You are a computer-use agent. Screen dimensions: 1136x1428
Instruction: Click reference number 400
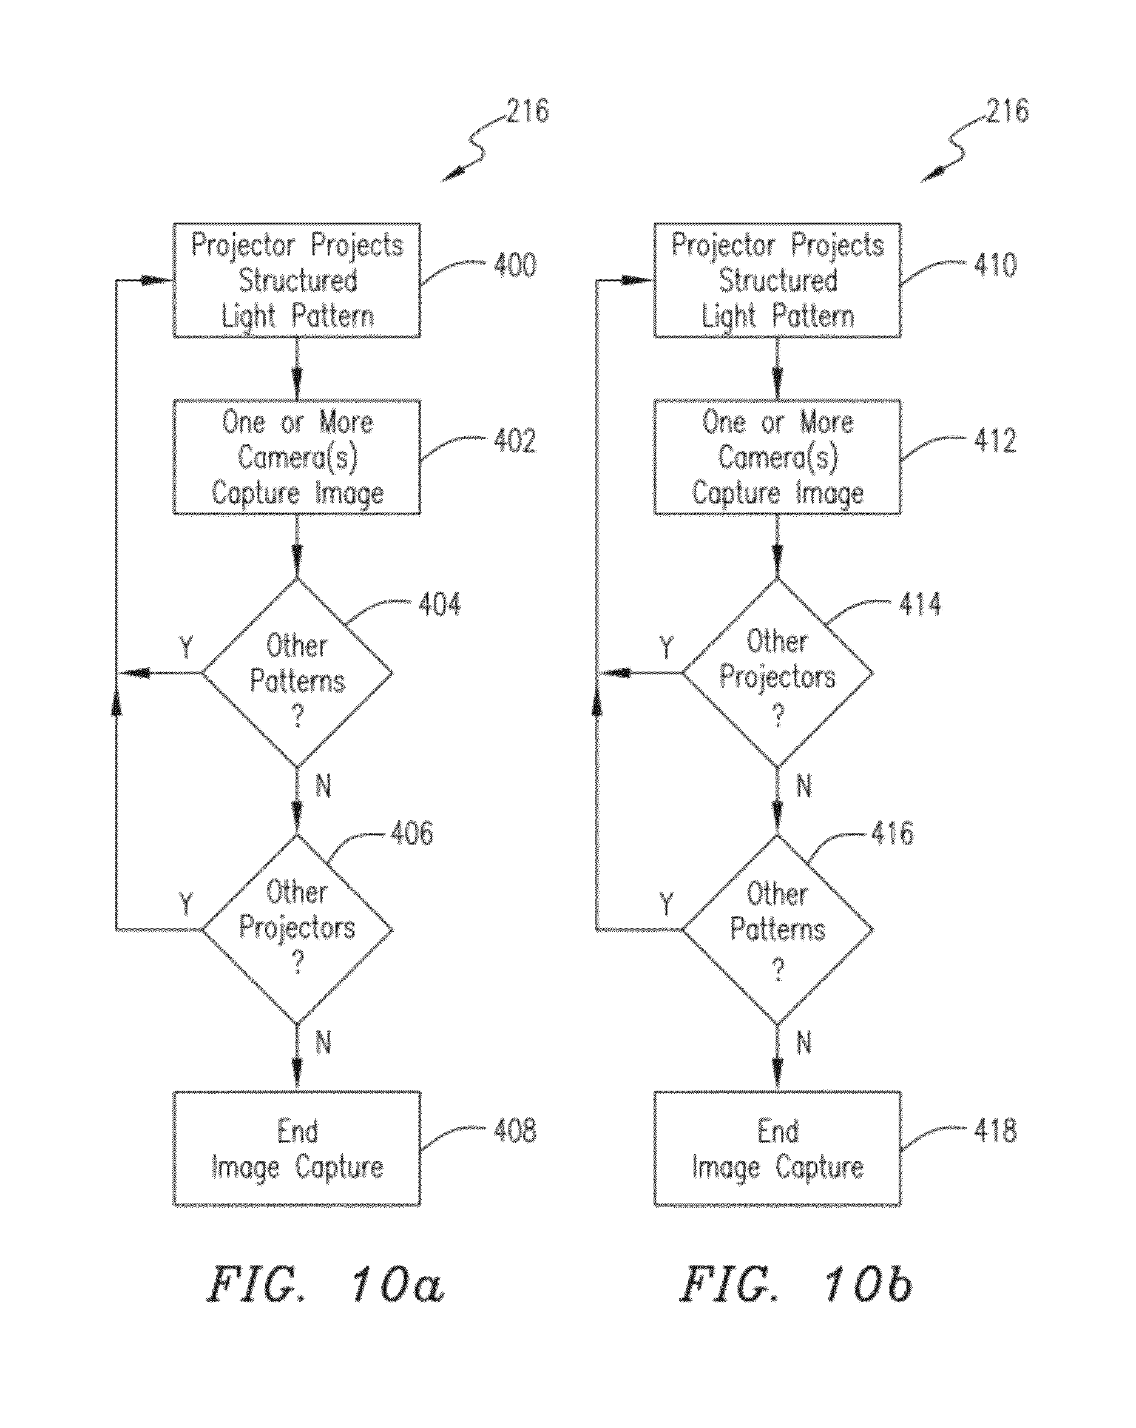click(515, 265)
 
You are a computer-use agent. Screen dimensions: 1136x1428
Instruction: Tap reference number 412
click(995, 440)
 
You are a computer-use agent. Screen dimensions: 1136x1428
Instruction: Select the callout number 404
click(439, 604)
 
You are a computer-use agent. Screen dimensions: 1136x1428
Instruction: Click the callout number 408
click(515, 1130)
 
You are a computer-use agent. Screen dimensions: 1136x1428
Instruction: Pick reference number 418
click(995, 1130)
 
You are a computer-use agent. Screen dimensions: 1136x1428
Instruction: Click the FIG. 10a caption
click(325, 1284)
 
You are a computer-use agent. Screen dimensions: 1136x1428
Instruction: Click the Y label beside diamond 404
click(186, 647)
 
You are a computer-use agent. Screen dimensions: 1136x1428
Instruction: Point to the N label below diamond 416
click(803, 1043)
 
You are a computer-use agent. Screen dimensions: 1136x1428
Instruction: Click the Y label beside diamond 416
click(666, 903)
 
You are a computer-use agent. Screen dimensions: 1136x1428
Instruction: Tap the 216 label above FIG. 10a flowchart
click(528, 110)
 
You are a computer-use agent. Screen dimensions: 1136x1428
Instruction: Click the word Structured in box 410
click(779, 281)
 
